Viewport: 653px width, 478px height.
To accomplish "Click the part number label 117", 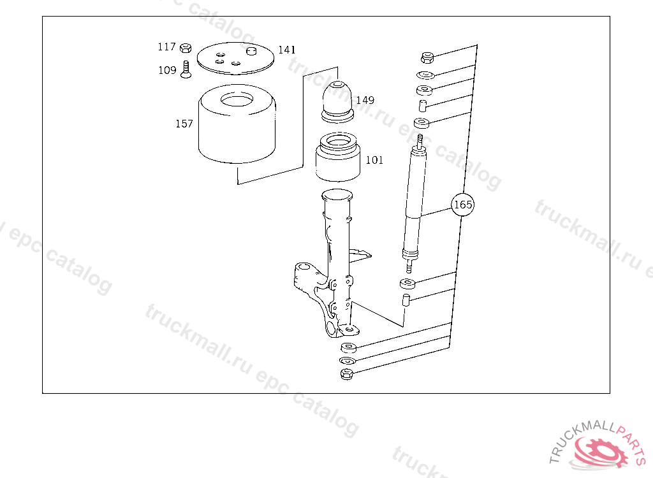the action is (x=166, y=47).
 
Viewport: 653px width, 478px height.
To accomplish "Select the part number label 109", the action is (x=168, y=70).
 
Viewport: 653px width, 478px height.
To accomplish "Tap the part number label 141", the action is (x=287, y=50).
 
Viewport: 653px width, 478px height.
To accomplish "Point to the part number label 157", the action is (x=184, y=124).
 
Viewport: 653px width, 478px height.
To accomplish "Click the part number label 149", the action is (x=365, y=100).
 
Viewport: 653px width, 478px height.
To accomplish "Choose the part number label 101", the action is (x=374, y=160).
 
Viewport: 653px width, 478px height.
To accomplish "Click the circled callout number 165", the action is (x=463, y=205).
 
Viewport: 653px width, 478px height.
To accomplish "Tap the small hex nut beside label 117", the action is (x=186, y=48).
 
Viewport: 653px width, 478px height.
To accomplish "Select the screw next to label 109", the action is (x=186, y=69).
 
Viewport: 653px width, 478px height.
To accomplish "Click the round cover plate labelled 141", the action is (x=236, y=59).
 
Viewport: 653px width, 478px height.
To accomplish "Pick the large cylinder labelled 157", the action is (x=237, y=124).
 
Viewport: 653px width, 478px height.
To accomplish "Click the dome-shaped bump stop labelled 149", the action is (x=338, y=101).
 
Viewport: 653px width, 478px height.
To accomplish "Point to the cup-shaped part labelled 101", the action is (x=338, y=157).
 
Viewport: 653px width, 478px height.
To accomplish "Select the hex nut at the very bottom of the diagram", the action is (x=347, y=374).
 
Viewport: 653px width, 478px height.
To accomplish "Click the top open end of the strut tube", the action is (x=337, y=194).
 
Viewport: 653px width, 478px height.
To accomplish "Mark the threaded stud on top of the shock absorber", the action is (x=420, y=140).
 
